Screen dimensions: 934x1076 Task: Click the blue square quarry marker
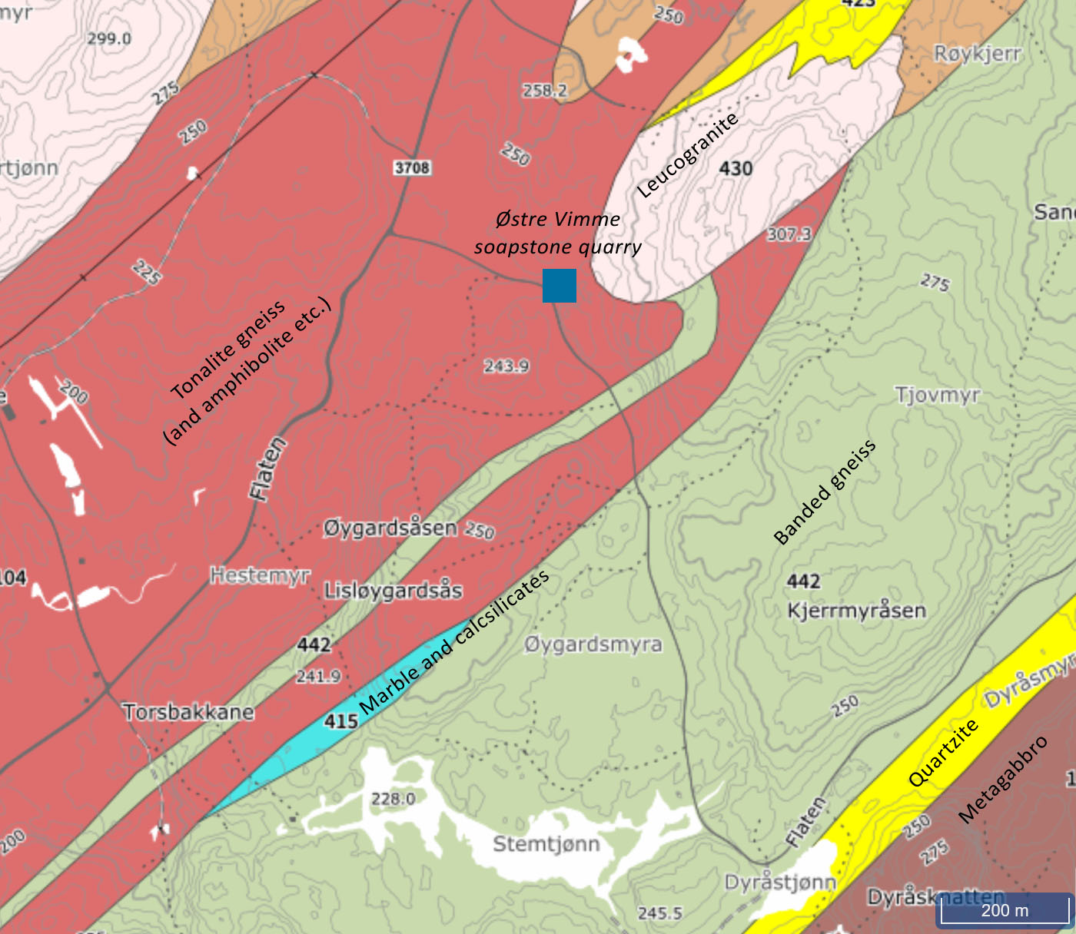(x=560, y=286)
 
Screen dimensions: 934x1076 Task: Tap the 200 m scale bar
(x=1004, y=910)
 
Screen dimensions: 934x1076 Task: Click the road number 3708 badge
(x=412, y=167)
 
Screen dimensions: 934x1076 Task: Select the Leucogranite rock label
(x=687, y=154)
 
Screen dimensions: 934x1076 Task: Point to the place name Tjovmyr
(x=938, y=395)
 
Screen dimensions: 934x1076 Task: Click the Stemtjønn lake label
(x=546, y=844)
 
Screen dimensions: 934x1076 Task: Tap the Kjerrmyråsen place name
(x=856, y=611)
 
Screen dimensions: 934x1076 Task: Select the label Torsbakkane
(x=188, y=712)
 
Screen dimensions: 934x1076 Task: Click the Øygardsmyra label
(x=593, y=644)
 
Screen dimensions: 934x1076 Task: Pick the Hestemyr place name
(x=260, y=575)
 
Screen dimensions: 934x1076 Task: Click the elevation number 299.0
(x=109, y=38)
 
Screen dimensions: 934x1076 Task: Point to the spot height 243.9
(x=506, y=366)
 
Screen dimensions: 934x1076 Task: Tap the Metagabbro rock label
(x=1003, y=780)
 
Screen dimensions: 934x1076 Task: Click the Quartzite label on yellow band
(x=943, y=753)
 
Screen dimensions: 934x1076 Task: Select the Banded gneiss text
(x=825, y=492)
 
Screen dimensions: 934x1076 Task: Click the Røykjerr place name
(x=978, y=54)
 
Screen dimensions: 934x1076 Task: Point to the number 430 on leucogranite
(x=736, y=168)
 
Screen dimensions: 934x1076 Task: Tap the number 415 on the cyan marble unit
(x=341, y=721)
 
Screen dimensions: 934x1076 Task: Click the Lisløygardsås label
(x=394, y=591)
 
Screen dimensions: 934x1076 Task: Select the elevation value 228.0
(x=393, y=799)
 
